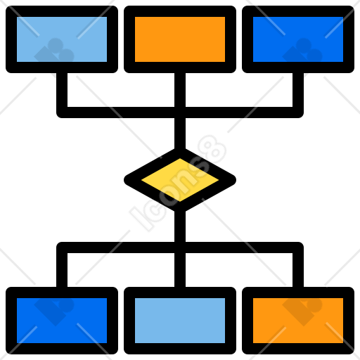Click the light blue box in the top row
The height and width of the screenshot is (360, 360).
click(62, 39)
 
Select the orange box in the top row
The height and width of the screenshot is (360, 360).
click(180, 39)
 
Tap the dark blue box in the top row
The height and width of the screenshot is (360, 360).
click(298, 39)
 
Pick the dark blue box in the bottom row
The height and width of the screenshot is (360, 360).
click(62, 321)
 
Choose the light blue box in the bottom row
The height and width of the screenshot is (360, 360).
click(180, 321)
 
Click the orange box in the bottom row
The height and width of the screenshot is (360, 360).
click(298, 321)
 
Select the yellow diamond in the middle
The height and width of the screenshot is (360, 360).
click(180, 180)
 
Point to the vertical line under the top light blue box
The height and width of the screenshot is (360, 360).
click(62, 90)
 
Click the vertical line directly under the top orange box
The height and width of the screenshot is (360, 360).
click(180, 90)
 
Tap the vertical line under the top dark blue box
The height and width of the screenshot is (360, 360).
click(298, 90)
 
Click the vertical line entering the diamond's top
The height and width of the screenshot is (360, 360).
click(180, 134)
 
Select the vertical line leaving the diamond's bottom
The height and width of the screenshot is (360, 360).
click(180, 226)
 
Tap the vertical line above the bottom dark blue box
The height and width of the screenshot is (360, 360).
click(62, 270)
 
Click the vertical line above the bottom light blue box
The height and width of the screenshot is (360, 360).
click(180, 270)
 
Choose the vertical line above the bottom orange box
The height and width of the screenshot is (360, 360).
click(298, 270)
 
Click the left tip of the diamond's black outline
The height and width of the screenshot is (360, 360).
click(124, 180)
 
